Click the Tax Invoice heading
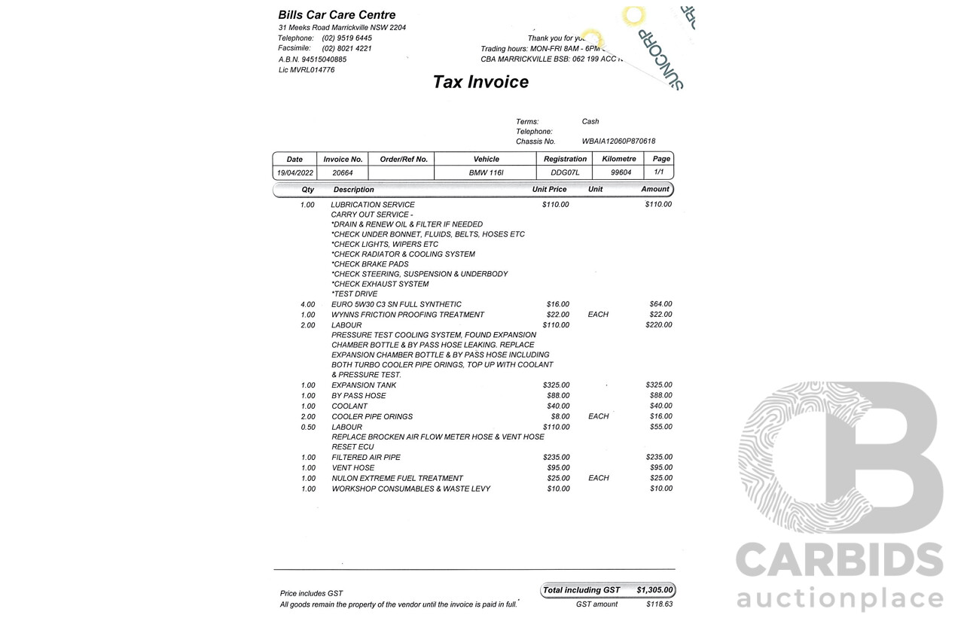[480, 82]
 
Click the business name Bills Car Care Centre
[337, 14]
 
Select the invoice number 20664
[343, 173]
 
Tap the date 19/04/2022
[295, 173]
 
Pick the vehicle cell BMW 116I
[486, 173]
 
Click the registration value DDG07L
[565, 173]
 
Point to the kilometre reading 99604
[621, 173]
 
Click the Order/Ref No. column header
[404, 160]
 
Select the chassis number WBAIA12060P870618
[618, 142]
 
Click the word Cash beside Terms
[590, 121]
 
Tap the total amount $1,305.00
[654, 590]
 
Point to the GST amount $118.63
[659, 604]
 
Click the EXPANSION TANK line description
[364, 385]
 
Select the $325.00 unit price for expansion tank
[556, 385]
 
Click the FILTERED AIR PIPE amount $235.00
[659, 458]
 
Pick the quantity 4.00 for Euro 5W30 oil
[308, 305]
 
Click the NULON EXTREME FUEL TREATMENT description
[397, 479]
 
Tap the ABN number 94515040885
[324, 59]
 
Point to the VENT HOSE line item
[353, 468]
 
